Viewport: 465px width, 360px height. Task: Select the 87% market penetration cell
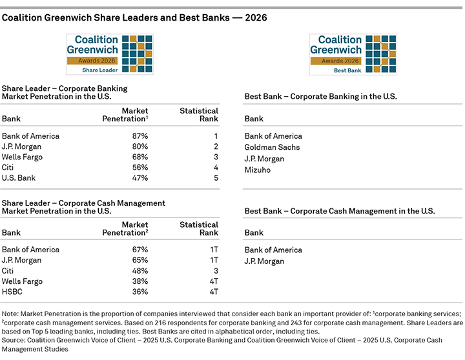click(x=139, y=136)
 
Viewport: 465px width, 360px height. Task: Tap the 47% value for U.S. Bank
click(x=139, y=177)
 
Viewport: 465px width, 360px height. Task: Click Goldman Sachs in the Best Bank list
click(x=272, y=147)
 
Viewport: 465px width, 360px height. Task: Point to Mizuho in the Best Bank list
click(x=258, y=170)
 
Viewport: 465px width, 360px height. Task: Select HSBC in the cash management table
click(x=13, y=291)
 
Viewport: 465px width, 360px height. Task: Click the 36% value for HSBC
click(x=139, y=291)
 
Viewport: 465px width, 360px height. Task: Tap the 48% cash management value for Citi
click(x=139, y=270)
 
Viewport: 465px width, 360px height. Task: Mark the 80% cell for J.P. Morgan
click(x=139, y=146)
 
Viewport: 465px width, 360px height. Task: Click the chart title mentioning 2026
click(x=134, y=18)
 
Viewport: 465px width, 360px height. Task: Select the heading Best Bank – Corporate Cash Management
click(x=340, y=211)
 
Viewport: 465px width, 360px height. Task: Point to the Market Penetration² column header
click(x=125, y=228)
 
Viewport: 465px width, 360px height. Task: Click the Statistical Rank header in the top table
click(x=198, y=115)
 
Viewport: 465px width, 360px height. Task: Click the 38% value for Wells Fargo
click(x=139, y=281)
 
